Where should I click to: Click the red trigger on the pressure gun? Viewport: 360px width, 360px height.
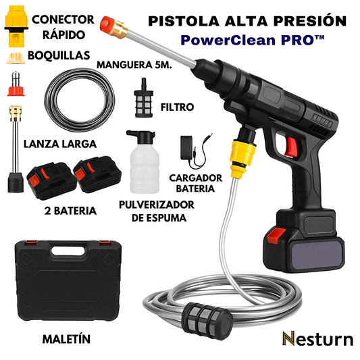click(290, 147)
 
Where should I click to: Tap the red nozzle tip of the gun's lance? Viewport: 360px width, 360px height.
click(108, 24)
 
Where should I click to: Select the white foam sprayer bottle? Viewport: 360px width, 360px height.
click(144, 162)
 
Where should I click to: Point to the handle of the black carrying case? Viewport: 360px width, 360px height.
click(68, 251)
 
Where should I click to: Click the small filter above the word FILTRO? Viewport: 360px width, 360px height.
click(144, 98)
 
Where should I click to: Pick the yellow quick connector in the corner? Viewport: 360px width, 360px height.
click(16, 26)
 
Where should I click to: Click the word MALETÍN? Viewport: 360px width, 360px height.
click(67, 339)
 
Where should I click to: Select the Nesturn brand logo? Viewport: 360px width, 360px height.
click(317, 338)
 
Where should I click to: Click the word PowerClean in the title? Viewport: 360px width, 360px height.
click(228, 41)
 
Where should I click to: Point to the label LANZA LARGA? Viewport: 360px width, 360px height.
click(60, 144)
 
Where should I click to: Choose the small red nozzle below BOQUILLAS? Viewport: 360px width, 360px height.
click(16, 84)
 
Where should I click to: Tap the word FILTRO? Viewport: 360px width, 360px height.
click(177, 107)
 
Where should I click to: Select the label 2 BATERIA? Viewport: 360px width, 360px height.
click(70, 211)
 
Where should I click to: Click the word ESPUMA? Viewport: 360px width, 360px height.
click(166, 218)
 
